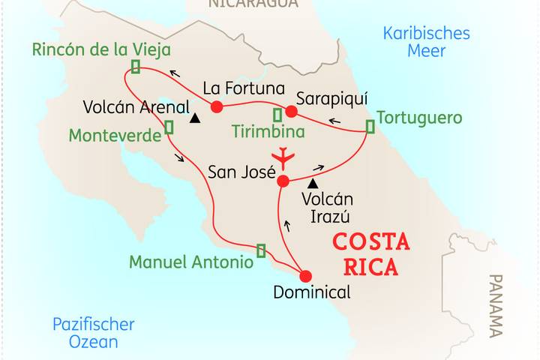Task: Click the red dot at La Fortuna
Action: pos(217,106)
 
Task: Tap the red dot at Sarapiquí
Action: pos(291,112)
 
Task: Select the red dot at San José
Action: pos(283,181)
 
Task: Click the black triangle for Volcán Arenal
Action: pos(195,118)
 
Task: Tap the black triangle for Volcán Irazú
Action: pos(313,183)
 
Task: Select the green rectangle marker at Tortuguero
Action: pos(369,127)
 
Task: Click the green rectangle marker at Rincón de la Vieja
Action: pos(136,67)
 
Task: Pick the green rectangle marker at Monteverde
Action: pos(169,127)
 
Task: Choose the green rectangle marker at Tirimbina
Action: pos(277,115)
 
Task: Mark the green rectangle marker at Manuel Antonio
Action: pos(261,250)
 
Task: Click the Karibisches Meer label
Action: pos(426,42)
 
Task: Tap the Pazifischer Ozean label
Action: pos(93,333)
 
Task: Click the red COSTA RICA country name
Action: pos(371,254)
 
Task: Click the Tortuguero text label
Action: pos(419,118)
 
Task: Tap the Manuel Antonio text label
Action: pos(190,262)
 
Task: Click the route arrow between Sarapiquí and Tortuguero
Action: pos(334,121)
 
